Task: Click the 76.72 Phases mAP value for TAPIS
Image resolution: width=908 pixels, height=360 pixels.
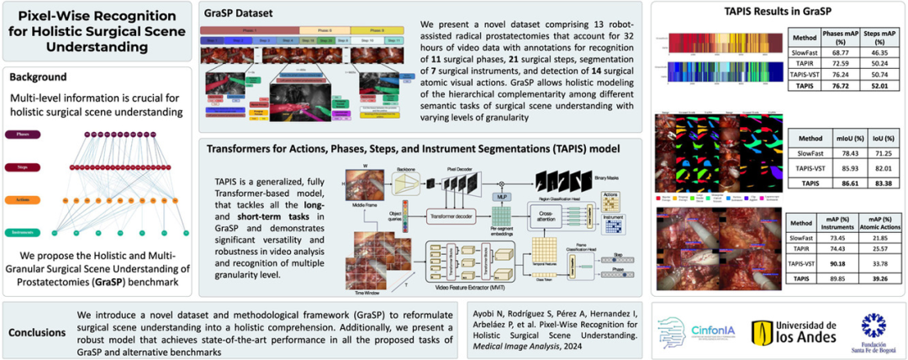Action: (834, 86)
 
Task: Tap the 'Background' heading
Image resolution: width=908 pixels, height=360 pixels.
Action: (38, 77)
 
